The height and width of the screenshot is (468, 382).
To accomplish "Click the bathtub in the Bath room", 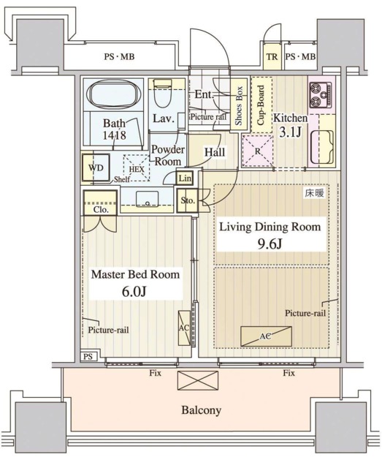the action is [113, 94].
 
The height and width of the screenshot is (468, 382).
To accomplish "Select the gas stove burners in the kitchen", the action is [320, 95].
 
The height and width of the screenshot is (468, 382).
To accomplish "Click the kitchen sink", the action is [322, 147].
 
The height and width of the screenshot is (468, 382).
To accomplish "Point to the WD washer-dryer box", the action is [96, 167].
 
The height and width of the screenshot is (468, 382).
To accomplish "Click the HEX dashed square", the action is [137, 167].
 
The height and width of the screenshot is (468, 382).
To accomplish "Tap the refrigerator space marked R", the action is [257, 151].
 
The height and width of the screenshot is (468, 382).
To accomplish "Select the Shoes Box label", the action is [239, 105].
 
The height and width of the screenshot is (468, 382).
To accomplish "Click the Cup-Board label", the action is [261, 105].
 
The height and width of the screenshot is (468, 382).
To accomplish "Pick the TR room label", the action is [272, 57].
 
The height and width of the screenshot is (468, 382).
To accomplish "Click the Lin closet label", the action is [185, 178].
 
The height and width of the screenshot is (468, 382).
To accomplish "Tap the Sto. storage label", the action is [188, 200].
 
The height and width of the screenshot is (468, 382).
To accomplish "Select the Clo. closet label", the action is [101, 210].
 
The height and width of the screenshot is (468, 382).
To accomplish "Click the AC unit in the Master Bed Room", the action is [184, 328].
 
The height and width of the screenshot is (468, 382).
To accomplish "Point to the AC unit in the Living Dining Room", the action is [266, 336].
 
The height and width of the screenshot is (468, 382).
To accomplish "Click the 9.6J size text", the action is [270, 244].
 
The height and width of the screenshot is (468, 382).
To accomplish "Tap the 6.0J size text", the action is [134, 291].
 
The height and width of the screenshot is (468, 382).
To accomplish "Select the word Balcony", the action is [202, 410].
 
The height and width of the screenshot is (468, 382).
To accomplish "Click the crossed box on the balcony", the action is [198, 380].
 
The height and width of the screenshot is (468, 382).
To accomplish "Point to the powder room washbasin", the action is [147, 199].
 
